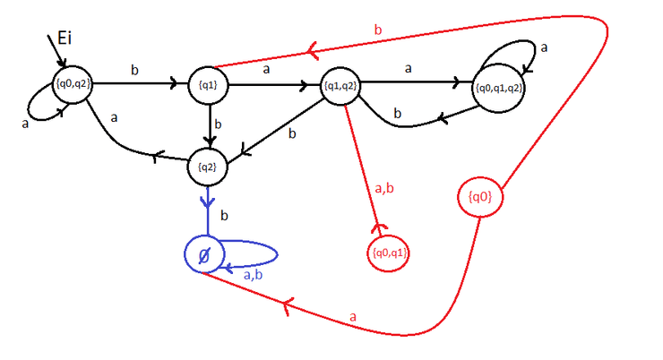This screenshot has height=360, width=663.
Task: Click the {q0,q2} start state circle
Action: point(75,86)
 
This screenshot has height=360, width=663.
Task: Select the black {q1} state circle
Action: point(208,86)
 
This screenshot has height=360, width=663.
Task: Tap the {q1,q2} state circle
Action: point(340,86)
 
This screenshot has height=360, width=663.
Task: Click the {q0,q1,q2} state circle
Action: point(499,88)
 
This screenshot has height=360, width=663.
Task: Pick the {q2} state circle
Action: point(208,165)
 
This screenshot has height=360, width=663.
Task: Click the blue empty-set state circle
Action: point(203,255)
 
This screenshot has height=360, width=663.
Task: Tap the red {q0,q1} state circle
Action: point(387,253)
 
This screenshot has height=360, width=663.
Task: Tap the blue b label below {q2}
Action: point(225,217)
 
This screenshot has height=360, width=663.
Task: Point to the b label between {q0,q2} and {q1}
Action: point(134,70)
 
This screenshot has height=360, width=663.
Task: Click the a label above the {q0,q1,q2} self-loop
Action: point(543,46)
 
